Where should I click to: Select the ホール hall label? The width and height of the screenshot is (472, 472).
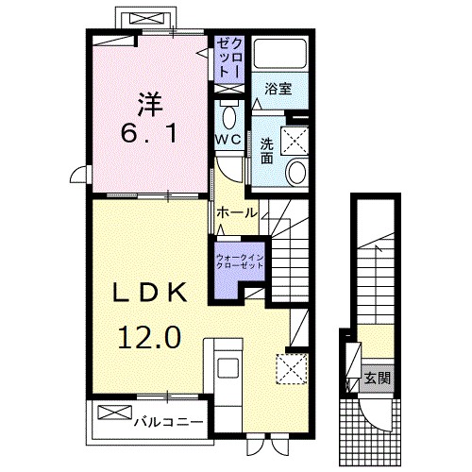coord(236,213)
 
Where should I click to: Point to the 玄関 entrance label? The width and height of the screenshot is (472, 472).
coord(378,379)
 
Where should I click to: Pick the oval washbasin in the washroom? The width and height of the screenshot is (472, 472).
coord(295,172)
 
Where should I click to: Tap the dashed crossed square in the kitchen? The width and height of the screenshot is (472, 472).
coord(290,367)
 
